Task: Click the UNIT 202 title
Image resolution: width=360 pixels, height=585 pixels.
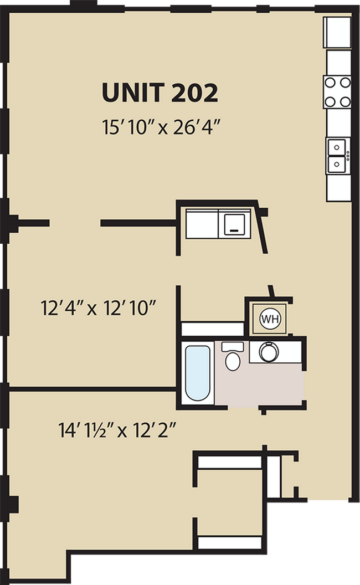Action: [x=160, y=93]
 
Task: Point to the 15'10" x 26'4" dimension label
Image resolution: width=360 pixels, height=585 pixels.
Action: [x=160, y=127]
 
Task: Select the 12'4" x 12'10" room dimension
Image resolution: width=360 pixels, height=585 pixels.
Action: [x=97, y=308]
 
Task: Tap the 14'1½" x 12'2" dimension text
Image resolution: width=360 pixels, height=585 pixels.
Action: [x=117, y=430]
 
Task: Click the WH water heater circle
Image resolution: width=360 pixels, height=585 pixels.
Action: [x=270, y=319]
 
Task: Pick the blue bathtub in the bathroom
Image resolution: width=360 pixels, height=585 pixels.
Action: [x=197, y=373]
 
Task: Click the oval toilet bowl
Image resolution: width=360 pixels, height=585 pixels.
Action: [x=233, y=362]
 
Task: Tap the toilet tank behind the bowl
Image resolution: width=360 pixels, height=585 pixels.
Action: [x=233, y=347]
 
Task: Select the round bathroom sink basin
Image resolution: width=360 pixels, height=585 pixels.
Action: [x=269, y=352]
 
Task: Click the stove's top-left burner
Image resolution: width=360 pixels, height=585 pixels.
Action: [x=330, y=83]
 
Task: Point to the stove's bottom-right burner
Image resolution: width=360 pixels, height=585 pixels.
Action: [x=346, y=101]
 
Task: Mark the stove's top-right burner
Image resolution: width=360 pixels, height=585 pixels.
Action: [x=346, y=83]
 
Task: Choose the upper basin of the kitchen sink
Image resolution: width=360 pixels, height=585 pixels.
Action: [x=336, y=147]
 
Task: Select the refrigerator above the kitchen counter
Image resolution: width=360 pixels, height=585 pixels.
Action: [x=337, y=32]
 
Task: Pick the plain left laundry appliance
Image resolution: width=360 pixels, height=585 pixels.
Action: [x=202, y=224]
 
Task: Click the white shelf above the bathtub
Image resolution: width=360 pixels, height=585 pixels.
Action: [x=212, y=329]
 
